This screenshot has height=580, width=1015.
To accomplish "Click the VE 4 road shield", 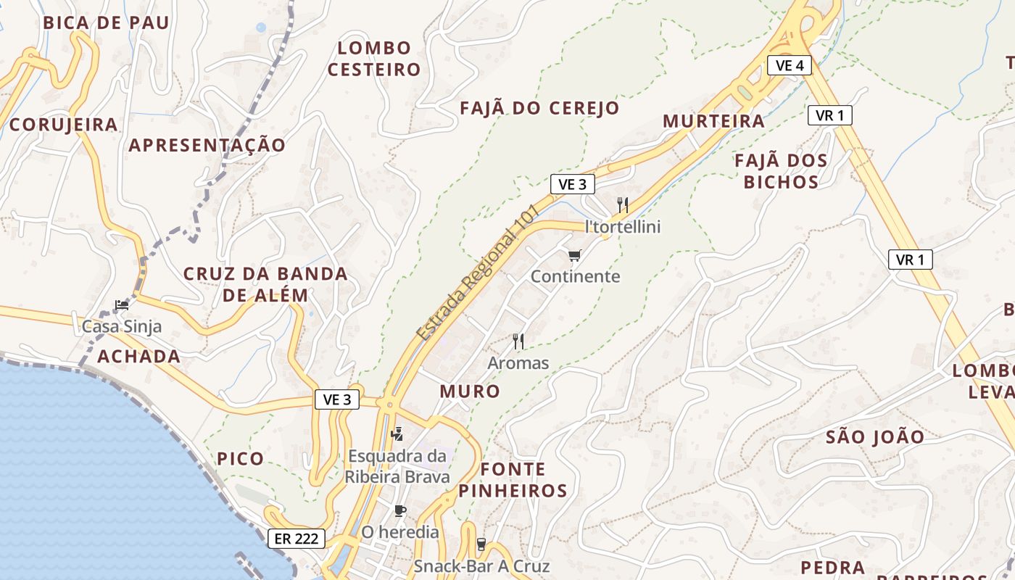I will point(789,66).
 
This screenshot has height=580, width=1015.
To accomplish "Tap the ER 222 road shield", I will point(296,539).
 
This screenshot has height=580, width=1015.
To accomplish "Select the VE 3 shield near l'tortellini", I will point(572,185).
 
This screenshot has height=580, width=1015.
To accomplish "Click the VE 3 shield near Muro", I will point(337,399).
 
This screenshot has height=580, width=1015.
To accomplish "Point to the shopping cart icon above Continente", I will point(575,255).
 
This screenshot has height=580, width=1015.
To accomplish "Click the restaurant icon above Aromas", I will point(518,341).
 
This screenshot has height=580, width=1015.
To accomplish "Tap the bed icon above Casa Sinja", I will point(121,305).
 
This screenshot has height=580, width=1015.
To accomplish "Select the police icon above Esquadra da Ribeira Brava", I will point(397,434).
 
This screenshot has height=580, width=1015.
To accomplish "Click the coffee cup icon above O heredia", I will point(400,510).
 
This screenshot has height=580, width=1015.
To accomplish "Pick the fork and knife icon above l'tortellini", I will point(623,205).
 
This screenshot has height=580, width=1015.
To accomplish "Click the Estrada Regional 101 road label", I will point(478,272).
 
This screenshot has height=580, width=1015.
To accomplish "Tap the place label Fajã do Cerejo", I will point(540,109).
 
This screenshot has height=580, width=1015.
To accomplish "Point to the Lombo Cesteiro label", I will point(374,59).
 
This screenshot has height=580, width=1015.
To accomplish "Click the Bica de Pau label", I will point(106,22).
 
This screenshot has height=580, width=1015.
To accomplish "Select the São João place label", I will point(875,437).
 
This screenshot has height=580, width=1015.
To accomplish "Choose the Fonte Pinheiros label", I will point(513,479).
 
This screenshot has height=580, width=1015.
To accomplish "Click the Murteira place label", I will point(714,121).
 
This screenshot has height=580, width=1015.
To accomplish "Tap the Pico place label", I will point(240,459).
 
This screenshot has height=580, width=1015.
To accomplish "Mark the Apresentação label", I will point(207,145).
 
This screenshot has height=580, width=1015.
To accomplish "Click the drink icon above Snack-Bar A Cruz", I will point(481,544).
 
